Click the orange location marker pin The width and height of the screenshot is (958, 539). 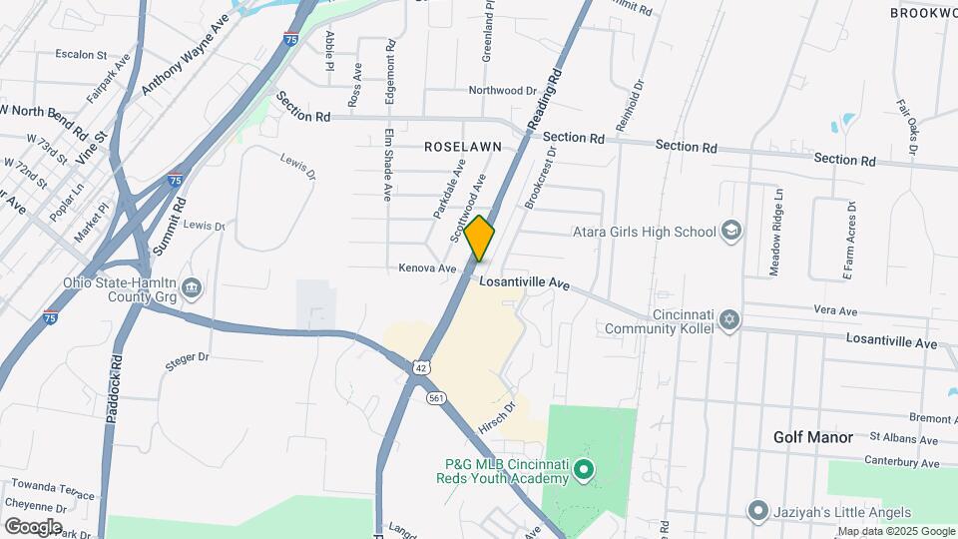480,239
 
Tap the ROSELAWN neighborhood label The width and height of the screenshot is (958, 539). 462,146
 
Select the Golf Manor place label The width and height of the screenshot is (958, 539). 813,437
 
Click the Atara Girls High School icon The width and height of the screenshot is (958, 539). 731,232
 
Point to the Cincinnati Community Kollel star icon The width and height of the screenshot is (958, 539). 729,319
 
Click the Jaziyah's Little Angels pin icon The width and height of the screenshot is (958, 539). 757,512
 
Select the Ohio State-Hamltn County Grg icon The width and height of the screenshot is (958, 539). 193,289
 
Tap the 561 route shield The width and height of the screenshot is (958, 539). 435,397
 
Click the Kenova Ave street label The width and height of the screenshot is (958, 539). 427,269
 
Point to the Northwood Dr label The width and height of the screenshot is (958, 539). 503,91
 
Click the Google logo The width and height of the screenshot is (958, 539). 33,526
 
